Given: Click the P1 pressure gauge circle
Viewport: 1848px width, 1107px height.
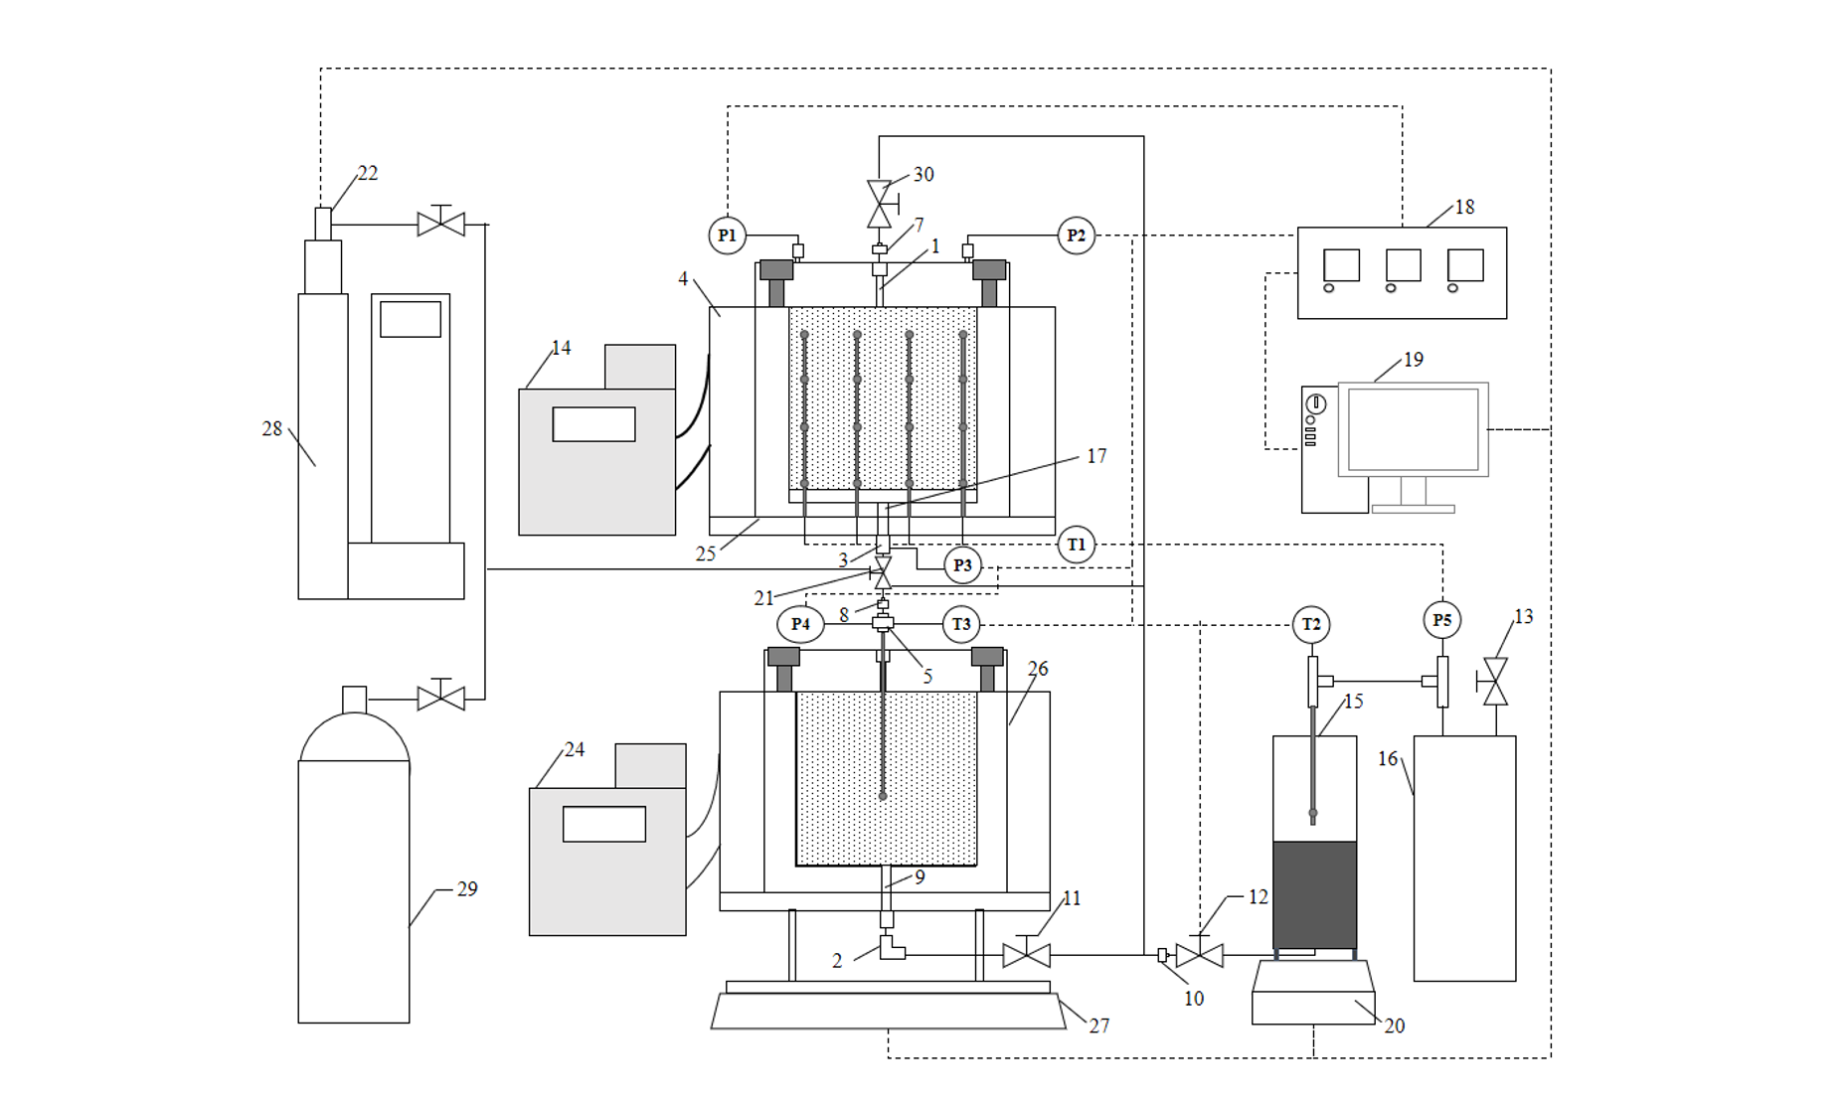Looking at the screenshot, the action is point(727,236).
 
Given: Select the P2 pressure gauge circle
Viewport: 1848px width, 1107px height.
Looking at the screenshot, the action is point(1076,236).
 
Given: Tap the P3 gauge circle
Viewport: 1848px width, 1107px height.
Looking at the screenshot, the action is point(962,565).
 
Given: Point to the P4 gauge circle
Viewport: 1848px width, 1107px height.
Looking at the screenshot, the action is point(800,624).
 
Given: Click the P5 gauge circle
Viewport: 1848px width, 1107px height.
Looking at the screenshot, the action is point(1442,620).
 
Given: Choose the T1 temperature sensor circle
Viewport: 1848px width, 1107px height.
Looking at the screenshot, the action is point(1076,545).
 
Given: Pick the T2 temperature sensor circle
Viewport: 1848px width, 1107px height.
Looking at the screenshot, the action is point(1311,624).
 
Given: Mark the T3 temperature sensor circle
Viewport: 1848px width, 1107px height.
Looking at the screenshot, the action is point(960,624).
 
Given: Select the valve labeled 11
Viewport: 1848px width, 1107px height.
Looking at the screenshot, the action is point(1026,955).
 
